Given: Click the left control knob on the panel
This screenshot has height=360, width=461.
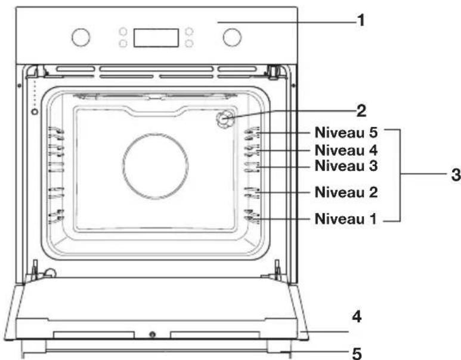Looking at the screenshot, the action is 81,38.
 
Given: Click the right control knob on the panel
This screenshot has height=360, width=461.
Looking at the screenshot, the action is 232,38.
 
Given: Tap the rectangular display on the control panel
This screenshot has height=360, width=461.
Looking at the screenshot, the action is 156,38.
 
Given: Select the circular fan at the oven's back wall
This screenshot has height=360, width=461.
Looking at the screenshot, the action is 155,167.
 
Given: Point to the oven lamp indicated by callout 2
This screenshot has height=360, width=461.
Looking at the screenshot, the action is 225,119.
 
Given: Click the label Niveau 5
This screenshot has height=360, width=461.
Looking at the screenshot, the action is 346,133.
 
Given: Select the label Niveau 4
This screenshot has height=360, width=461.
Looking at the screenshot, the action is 346,150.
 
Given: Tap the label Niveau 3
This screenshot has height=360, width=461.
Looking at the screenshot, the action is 346,166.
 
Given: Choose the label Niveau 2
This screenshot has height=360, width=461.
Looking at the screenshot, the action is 346,192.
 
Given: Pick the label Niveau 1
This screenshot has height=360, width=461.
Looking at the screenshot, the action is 345,219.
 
